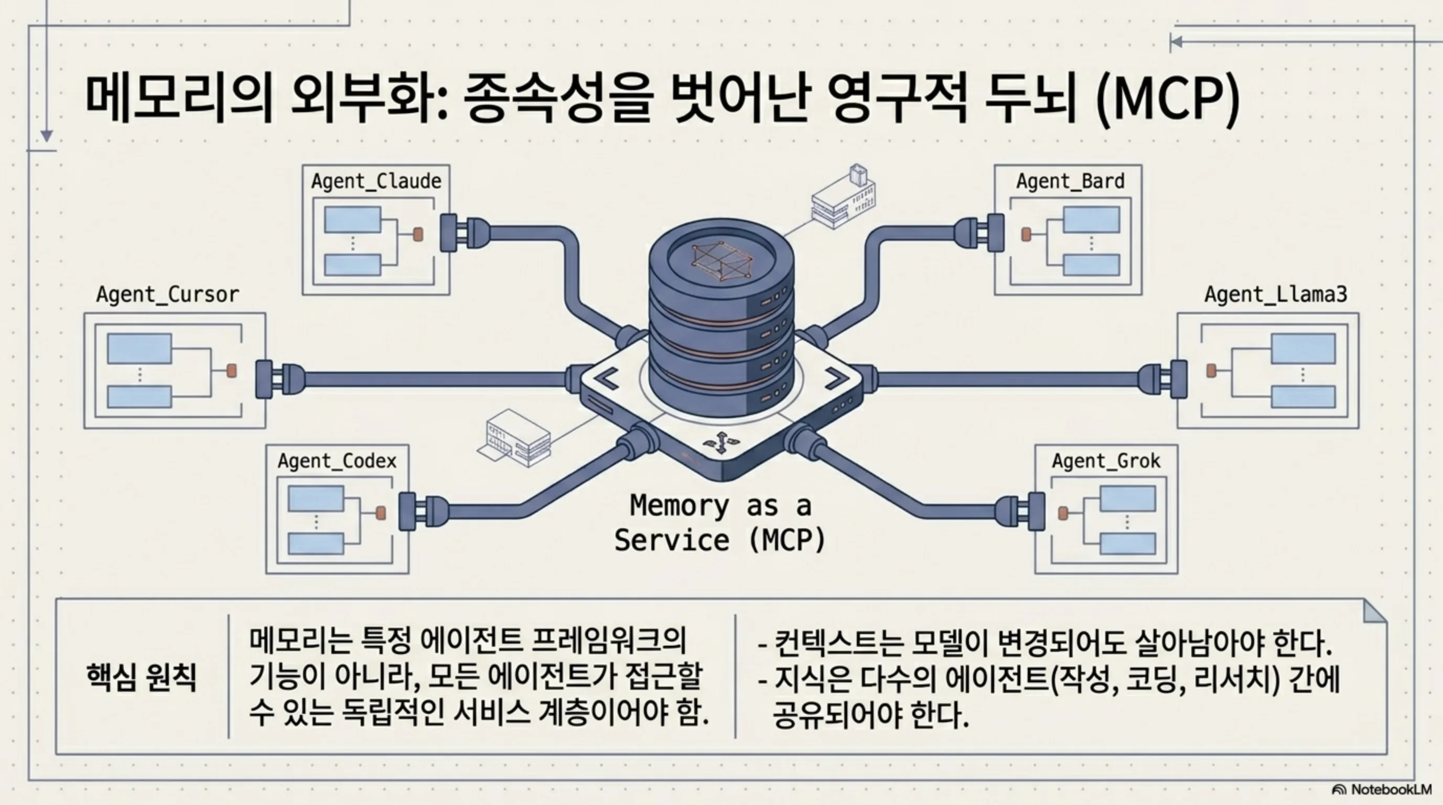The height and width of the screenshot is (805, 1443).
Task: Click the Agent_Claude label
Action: pyautogui.click(x=376, y=181)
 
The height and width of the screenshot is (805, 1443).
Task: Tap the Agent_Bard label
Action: pyautogui.click(x=1070, y=181)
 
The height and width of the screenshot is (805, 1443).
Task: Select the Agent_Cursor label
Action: pyautogui.click(x=167, y=295)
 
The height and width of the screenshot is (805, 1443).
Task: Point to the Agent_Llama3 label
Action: pyautogui.click(x=1276, y=295)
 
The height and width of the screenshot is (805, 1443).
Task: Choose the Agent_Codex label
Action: pyautogui.click(x=337, y=461)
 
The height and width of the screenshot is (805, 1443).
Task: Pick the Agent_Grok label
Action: pyautogui.click(x=1106, y=461)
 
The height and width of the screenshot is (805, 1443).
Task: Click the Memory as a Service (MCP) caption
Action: pyautogui.click(x=720, y=523)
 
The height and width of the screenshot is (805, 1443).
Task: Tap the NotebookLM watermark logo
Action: pyautogui.click(x=1381, y=789)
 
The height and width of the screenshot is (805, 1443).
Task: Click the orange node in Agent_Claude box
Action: pyautogui.click(x=418, y=234)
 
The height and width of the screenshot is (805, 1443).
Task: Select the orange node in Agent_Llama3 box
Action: pyautogui.click(x=1211, y=371)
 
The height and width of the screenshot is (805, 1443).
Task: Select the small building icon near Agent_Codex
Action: pyautogui.click(x=514, y=438)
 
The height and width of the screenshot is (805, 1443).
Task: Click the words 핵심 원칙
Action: pyautogui.click(x=141, y=678)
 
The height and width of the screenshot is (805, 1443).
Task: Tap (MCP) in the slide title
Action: pyautogui.click(x=1167, y=100)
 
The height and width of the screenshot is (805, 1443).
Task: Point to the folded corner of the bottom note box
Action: pyautogui.click(x=1375, y=611)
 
